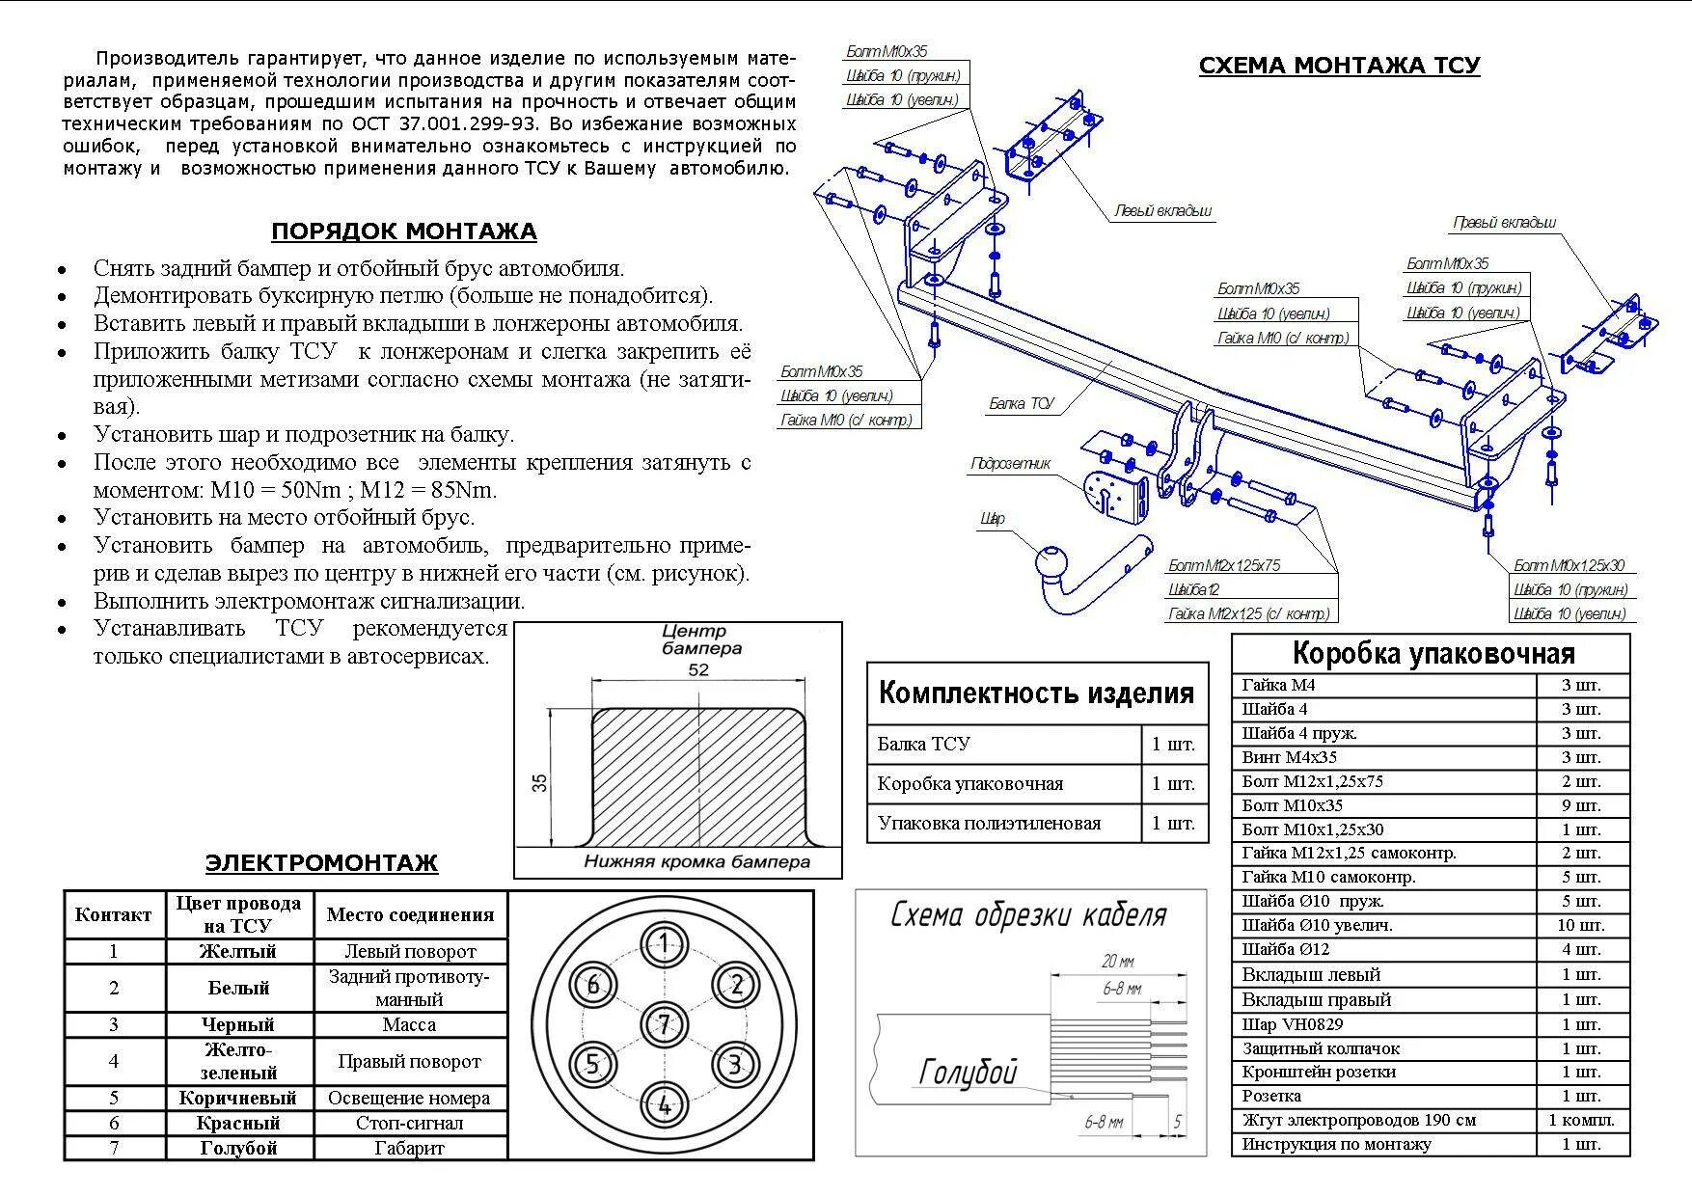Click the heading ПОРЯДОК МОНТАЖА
coord(403,231)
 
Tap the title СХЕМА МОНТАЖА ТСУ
coord(1338,66)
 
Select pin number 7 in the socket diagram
coord(664,1024)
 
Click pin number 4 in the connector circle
coord(664,1105)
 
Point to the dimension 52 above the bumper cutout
coord(698,670)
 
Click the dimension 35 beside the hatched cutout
coord(540,782)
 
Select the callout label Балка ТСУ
coord(1021,403)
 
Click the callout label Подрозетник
coord(1010,464)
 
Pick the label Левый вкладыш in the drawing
coord(1162,210)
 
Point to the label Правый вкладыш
coord(1504,223)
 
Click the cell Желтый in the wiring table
coord(238,951)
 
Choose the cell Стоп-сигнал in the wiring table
coord(409,1123)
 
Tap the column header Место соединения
coord(409,914)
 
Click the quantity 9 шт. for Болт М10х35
coord(1581,805)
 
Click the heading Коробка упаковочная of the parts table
coord(1432,654)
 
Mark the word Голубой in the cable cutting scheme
coord(968,1071)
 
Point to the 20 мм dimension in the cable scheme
coord(1117,961)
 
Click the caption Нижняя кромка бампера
coord(696,861)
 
